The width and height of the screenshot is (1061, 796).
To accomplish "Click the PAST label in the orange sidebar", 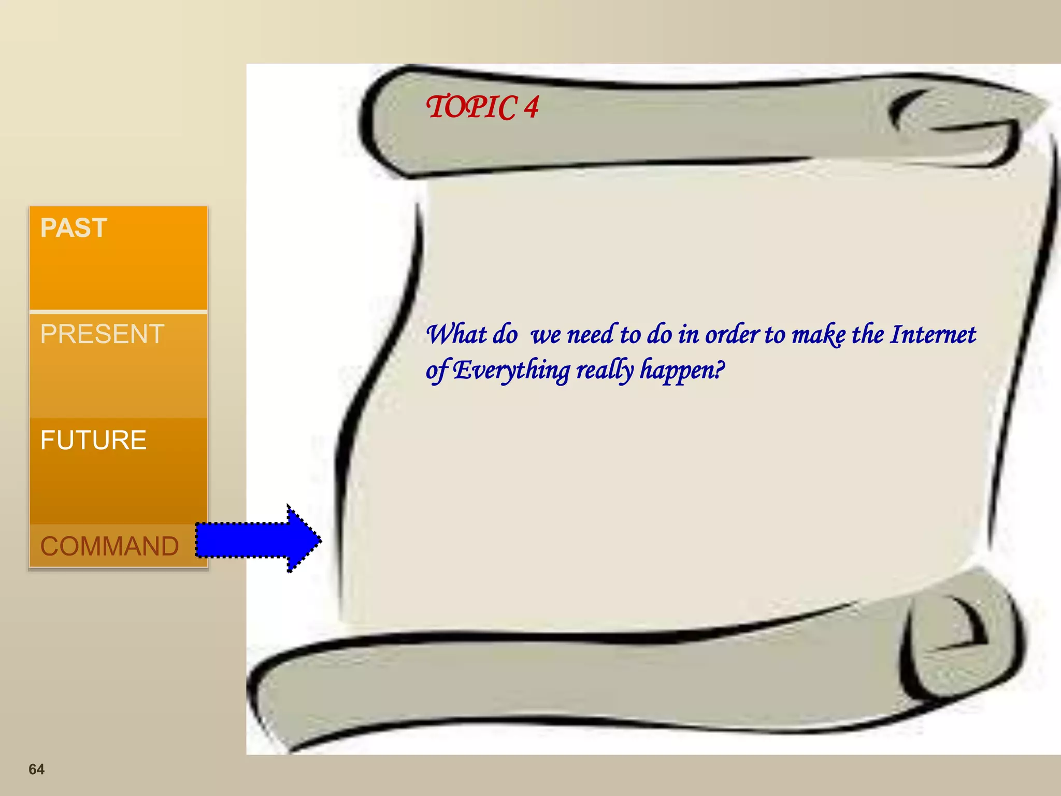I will pyautogui.click(x=74, y=228).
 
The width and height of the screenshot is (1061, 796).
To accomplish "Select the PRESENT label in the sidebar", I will pyautogui.click(x=102, y=334).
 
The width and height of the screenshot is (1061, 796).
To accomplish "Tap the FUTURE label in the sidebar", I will pyautogui.click(x=93, y=440).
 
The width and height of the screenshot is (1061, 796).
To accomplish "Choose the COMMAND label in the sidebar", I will pyautogui.click(x=109, y=546).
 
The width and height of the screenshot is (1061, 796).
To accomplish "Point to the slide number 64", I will pyautogui.click(x=36, y=769).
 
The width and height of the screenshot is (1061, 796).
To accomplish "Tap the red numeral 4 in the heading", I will pyautogui.click(x=531, y=107).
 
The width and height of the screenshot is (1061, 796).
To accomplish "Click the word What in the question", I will pyautogui.click(x=456, y=334).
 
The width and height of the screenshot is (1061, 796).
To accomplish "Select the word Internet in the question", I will pyautogui.click(x=933, y=334).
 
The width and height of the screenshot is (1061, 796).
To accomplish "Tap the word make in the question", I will pyautogui.click(x=819, y=334).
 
